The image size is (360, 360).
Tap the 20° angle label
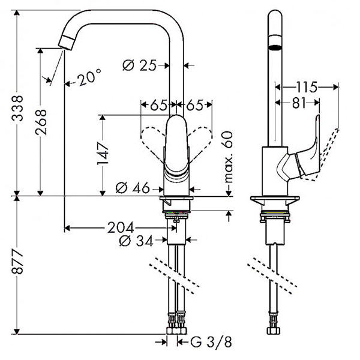[88, 76]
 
